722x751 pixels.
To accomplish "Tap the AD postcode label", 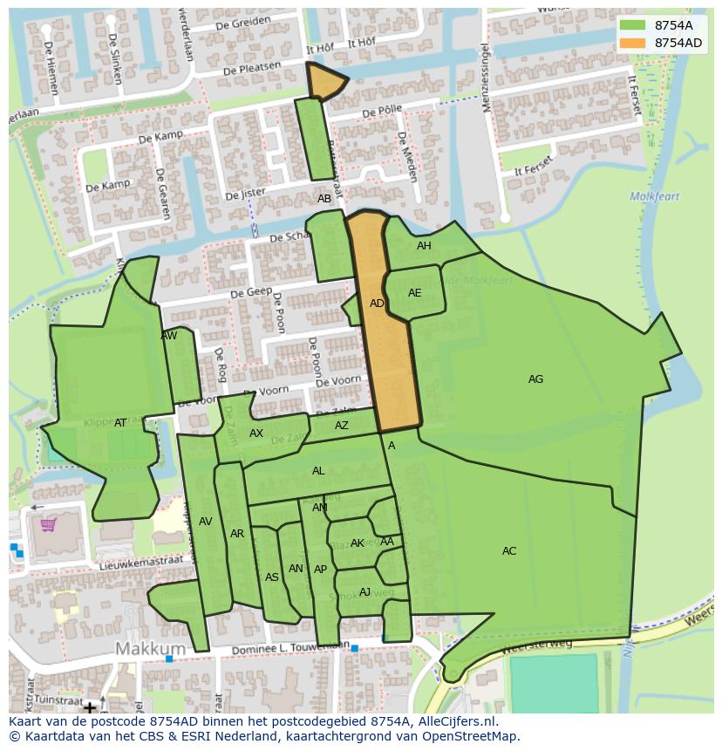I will pos(377,304).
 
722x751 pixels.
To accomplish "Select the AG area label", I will pos(535,379).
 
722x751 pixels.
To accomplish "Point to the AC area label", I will pos(509,551).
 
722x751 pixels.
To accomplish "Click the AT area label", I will pos(120,423).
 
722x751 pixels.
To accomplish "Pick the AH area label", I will pos(424,246).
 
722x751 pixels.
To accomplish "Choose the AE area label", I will pos(414,293).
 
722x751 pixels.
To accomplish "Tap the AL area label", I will pos(318,471).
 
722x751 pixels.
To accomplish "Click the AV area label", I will pos(205,522).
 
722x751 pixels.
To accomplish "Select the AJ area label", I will pos(364,592).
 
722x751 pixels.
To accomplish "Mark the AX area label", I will pos(256,434).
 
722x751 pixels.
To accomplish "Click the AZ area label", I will pos(341,426).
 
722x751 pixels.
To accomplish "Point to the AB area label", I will pos(324,199).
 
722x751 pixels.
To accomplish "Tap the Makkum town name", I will pos(151,649).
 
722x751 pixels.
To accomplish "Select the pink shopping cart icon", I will pos(49,524).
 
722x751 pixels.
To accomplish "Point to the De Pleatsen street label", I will pos(252,67).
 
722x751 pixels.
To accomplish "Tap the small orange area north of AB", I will pos(324,81).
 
